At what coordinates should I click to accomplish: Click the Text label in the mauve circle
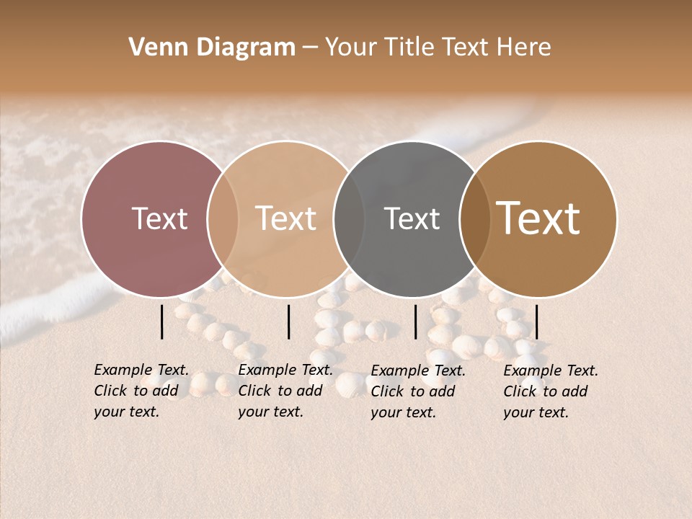159,219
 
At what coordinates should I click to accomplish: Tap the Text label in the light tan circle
286,219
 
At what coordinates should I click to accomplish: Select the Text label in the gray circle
412,219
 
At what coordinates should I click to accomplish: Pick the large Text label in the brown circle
538,219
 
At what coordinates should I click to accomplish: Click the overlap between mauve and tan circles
223,219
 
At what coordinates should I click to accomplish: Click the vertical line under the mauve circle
162,321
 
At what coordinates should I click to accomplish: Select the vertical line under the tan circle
288,321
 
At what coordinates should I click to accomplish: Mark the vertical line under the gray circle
416,321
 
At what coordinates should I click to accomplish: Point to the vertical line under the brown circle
537,321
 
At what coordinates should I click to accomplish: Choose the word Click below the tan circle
254,391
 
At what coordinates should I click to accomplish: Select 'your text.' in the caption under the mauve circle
126,412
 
